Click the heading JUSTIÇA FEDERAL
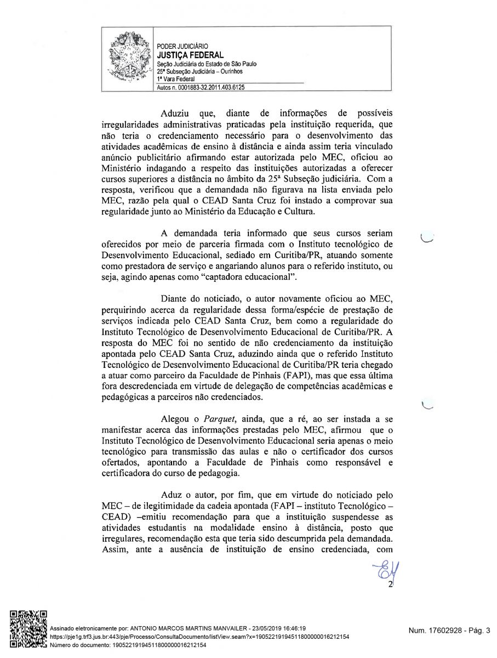(190, 55)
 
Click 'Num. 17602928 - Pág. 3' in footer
(449, 631)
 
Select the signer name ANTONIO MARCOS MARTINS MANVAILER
(189, 628)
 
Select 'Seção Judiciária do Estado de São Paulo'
(207, 64)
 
